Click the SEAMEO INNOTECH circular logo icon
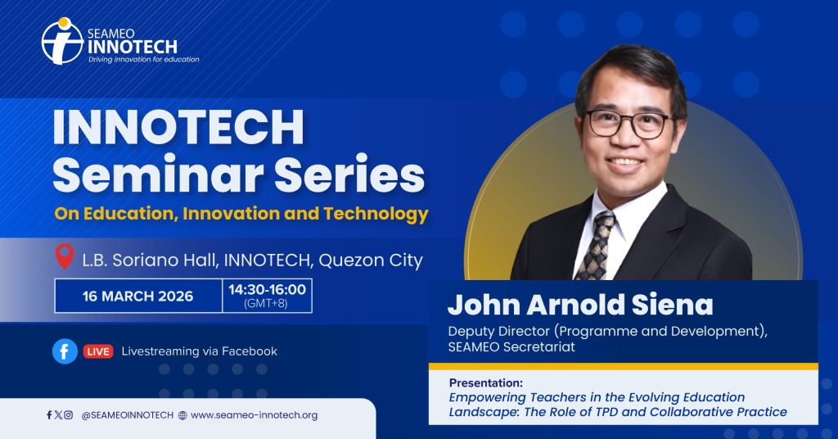point(62,41)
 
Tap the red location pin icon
point(65,256)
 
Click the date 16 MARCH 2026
point(137,296)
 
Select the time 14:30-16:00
point(268,290)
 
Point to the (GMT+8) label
point(266,304)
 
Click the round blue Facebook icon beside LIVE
point(65,351)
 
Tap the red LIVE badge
point(98,351)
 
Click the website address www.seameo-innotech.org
point(254,415)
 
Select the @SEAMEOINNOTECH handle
point(127,415)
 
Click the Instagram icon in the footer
point(69,414)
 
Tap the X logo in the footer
point(58,414)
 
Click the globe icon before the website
point(182,415)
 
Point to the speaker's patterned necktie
point(596,246)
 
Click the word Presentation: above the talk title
point(486,382)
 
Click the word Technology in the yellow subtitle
point(376,215)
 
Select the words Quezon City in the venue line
point(371,260)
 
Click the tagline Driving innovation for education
point(144,59)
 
